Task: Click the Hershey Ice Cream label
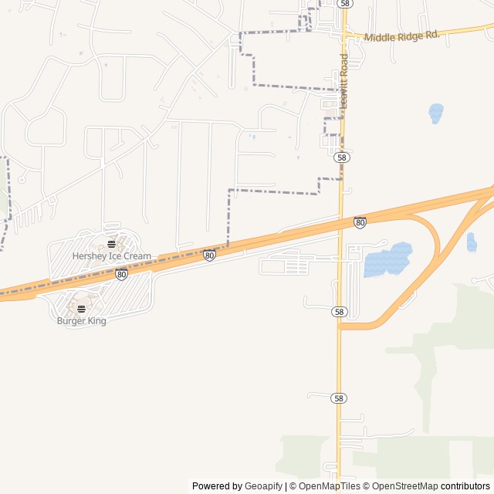tap(112, 255)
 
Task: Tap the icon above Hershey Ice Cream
tap(111, 245)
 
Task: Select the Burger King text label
tap(81, 320)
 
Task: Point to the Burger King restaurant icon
tap(81, 309)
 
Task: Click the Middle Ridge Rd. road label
tap(401, 36)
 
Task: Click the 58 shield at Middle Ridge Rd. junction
tap(345, 4)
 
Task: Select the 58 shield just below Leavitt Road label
tap(342, 157)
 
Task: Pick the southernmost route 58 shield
tap(338, 398)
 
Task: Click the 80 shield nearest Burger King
tap(121, 274)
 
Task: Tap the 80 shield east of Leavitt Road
tap(360, 222)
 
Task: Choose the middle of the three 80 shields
tap(209, 255)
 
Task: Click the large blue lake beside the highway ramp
tap(387, 259)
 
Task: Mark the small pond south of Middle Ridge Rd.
tap(436, 113)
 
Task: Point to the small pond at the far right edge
tap(472, 242)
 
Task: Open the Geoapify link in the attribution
tap(264, 486)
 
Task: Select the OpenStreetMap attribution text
tap(402, 486)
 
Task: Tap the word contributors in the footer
tap(465, 486)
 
